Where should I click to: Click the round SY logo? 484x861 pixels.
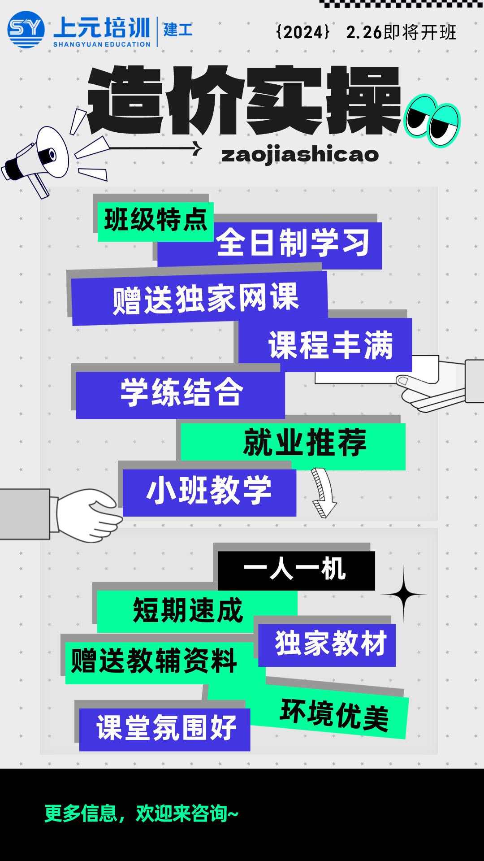tap(26, 30)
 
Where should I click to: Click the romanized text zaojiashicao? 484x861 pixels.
tap(300, 155)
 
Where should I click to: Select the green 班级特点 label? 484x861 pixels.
tap(156, 221)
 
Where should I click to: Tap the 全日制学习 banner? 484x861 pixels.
tap(293, 243)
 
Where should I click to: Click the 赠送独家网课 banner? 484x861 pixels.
tap(205, 298)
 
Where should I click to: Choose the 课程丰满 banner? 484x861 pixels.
tap(330, 345)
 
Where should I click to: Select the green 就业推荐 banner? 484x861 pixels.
tap(304, 443)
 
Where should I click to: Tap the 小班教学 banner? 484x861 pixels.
tap(209, 491)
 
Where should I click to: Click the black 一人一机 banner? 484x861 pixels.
tap(295, 570)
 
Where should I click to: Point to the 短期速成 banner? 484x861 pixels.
tap(188, 611)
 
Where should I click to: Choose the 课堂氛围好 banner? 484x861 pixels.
tap(166, 728)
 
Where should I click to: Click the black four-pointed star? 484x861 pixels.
tap(403, 595)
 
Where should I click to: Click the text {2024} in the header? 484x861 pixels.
tap(303, 32)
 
